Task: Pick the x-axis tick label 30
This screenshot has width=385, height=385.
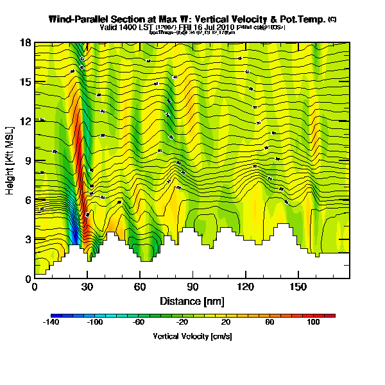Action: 87,287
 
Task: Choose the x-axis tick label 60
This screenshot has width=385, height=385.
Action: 140,287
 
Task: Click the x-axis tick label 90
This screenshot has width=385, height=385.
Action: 193,287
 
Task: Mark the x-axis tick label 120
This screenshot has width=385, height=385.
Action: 245,287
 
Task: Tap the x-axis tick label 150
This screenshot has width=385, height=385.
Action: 298,287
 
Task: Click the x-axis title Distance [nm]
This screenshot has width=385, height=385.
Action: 192,301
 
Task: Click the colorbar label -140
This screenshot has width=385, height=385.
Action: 51,323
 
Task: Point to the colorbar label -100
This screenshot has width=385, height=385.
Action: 94,323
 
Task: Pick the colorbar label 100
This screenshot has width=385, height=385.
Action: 313,323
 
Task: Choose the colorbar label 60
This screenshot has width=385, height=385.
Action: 269,323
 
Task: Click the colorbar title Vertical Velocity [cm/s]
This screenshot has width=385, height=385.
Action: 192,336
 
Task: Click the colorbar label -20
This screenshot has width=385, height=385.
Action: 182,323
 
